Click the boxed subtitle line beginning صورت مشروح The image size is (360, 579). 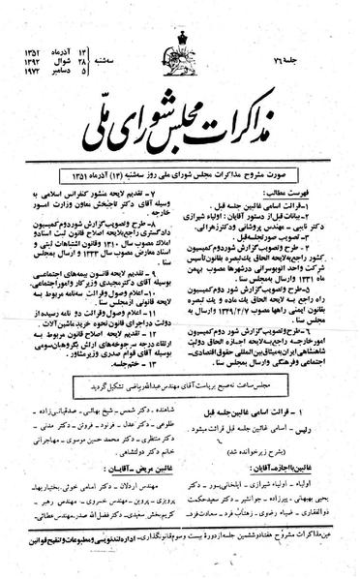(181, 146)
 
